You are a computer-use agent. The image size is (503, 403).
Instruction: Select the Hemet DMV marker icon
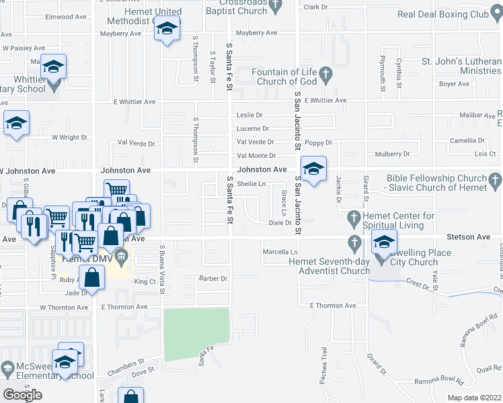[x=121, y=254]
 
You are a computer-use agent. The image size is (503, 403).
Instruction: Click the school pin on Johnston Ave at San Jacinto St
[x=313, y=169]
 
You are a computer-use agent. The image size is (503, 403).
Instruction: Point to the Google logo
[x=22, y=395]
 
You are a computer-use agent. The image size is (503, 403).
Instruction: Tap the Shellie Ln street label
[x=251, y=183]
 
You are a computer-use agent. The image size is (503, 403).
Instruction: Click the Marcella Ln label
[x=276, y=252]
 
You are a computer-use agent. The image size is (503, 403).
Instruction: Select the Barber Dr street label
[x=214, y=278]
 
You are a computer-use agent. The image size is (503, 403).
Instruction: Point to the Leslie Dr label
[x=249, y=116]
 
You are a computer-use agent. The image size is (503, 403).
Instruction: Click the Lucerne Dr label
[x=252, y=128]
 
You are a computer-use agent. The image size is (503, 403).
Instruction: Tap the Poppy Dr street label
[x=318, y=142]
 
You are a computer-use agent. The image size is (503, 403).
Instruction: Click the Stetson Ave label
[x=468, y=237]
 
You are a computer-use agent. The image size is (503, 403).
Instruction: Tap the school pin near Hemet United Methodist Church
[x=167, y=29]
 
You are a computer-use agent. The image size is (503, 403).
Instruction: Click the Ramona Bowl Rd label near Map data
[x=439, y=380]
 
